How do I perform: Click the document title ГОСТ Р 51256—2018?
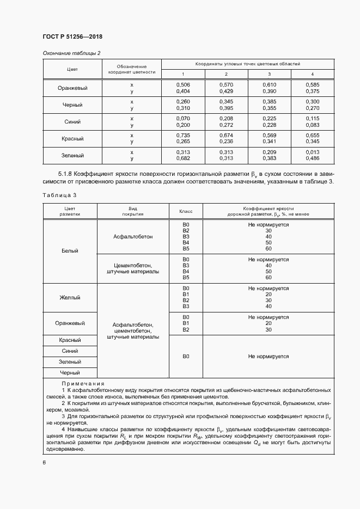(72, 36)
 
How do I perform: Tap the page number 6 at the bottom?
(44, 462)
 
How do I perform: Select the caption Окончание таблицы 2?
(71, 53)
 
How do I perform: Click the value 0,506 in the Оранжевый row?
(183, 85)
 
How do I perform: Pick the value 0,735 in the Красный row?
(183, 135)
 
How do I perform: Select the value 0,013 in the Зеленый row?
(312, 152)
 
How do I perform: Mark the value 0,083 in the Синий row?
(312, 125)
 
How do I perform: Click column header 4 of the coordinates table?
(312, 74)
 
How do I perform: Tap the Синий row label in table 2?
(72, 121)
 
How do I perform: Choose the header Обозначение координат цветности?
(132, 69)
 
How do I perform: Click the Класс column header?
(185, 211)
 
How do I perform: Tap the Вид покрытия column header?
(132, 211)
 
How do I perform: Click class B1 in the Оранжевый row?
(186, 323)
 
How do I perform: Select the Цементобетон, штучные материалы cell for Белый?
(132, 268)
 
